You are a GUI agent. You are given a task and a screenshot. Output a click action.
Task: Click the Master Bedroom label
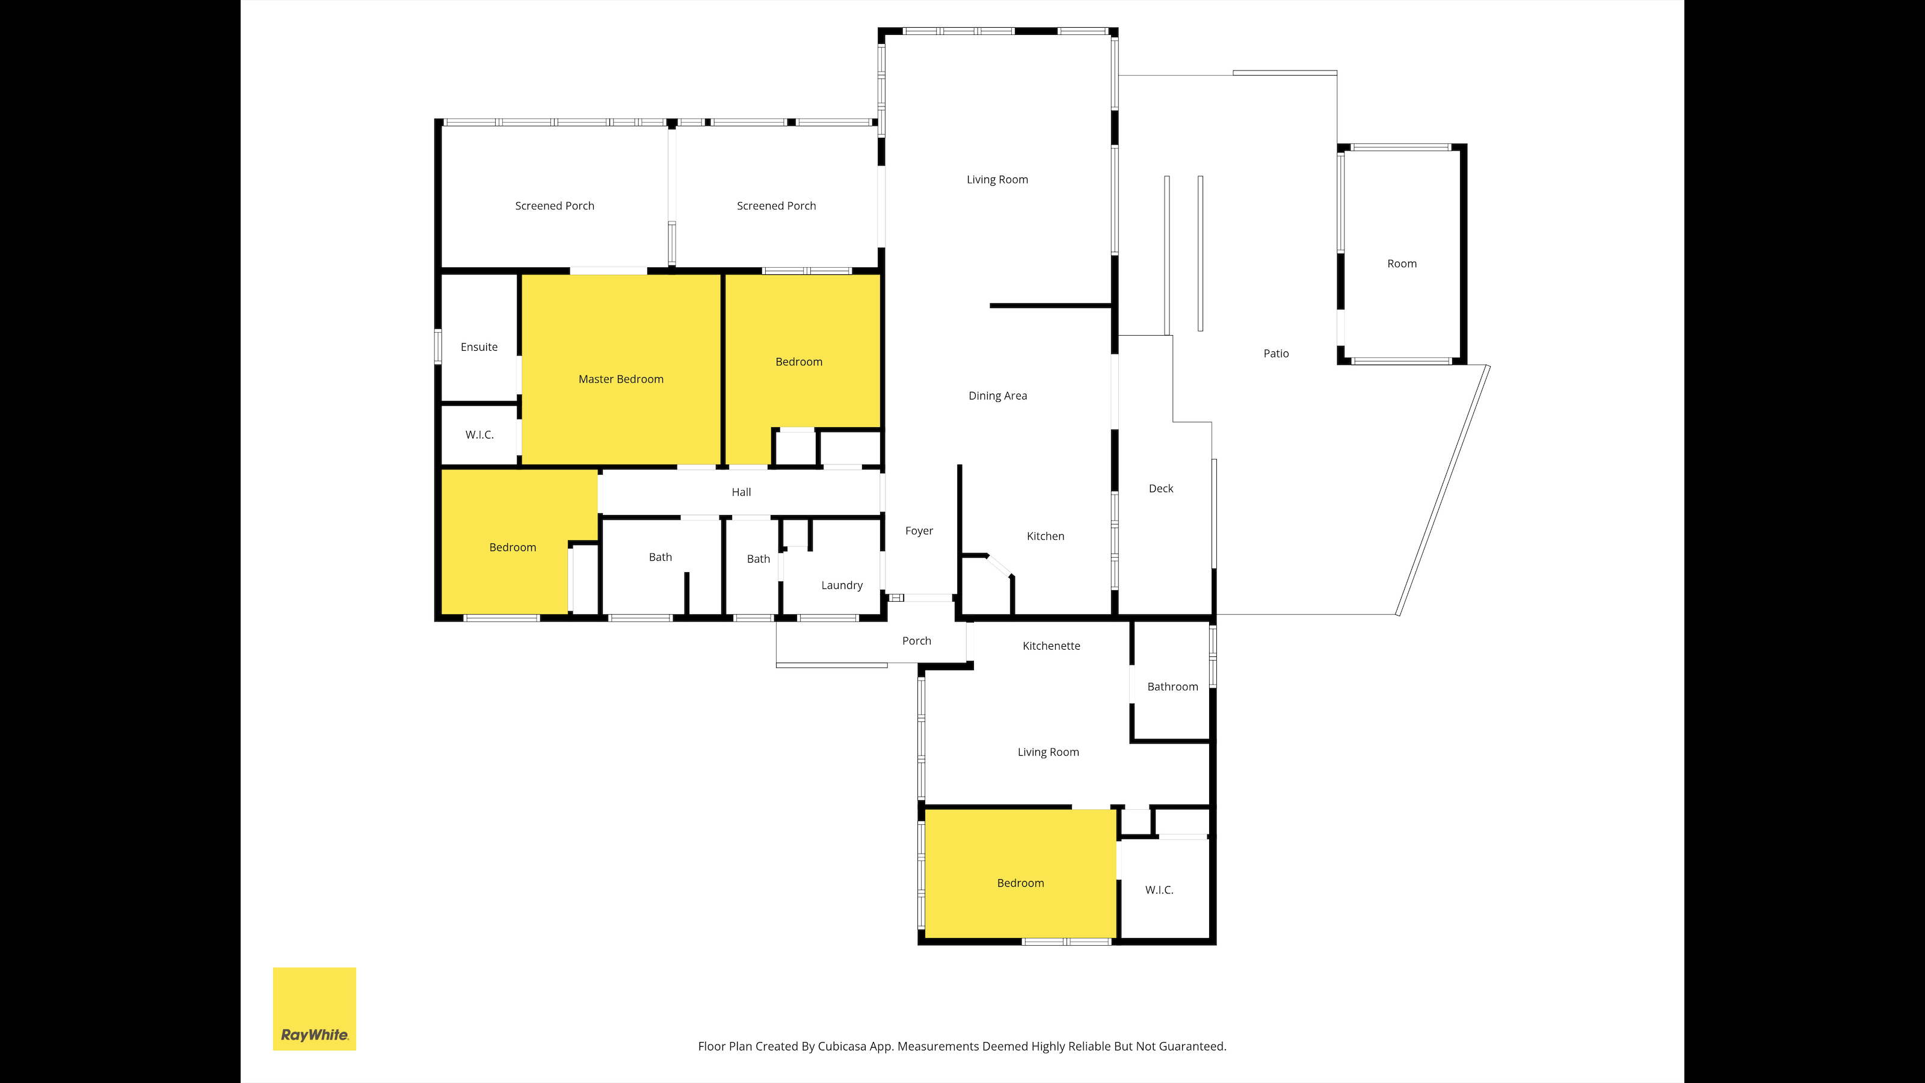click(620, 379)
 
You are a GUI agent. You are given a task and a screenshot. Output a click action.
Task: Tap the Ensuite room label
click(479, 347)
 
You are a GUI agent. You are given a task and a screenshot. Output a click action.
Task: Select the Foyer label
click(919, 531)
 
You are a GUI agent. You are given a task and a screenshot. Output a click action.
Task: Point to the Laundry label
click(842, 585)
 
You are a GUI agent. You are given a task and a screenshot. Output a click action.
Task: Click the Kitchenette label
click(1052, 646)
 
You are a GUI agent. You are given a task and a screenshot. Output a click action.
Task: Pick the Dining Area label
click(997, 395)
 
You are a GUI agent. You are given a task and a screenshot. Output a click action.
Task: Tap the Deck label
click(1160, 488)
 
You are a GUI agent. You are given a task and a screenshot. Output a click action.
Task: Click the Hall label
click(741, 492)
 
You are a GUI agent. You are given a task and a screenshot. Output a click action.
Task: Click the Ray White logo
click(315, 1009)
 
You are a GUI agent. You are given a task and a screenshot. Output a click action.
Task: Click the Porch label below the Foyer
click(916, 641)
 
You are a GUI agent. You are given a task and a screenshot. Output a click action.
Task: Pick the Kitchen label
click(1046, 536)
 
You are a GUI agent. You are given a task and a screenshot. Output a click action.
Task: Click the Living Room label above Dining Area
click(997, 179)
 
